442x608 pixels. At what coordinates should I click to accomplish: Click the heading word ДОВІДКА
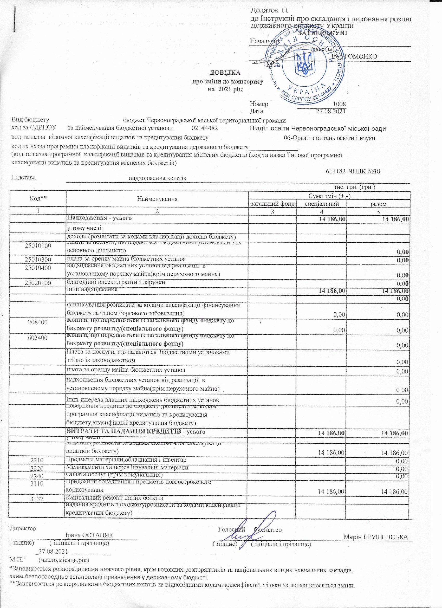click(x=225, y=73)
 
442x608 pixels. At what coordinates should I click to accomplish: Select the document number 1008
click(x=339, y=104)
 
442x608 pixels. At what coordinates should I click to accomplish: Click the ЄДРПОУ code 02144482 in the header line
click(x=205, y=128)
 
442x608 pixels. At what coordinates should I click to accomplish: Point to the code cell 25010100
click(x=38, y=246)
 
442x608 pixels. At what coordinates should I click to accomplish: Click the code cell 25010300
click(x=38, y=260)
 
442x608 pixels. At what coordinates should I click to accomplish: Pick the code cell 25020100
click(x=38, y=283)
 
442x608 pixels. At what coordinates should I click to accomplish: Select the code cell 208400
click(x=38, y=322)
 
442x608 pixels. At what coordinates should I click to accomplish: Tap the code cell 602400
click(x=38, y=338)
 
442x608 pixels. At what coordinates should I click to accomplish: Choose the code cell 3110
click(x=37, y=483)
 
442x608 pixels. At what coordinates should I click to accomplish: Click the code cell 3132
click(x=37, y=499)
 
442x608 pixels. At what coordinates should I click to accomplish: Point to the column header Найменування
click(x=157, y=199)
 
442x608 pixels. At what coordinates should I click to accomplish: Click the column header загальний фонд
click(x=272, y=204)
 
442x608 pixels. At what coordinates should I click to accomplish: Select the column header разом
click(x=379, y=204)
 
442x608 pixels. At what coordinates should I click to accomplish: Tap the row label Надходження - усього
click(x=99, y=218)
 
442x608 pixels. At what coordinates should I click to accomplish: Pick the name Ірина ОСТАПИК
click(x=89, y=535)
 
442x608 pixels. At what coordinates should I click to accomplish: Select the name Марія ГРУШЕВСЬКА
click(x=376, y=537)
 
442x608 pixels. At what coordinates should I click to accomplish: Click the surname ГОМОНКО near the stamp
click(x=361, y=57)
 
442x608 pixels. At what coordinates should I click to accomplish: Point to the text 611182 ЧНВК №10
click(x=353, y=171)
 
